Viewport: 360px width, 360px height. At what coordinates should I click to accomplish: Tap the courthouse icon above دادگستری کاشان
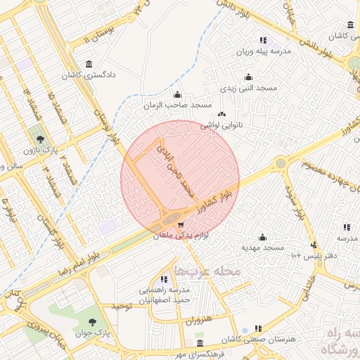[89, 64]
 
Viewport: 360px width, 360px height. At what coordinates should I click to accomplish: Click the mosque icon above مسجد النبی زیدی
[247, 77]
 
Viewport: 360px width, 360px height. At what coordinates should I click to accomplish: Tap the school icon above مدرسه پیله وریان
[262, 41]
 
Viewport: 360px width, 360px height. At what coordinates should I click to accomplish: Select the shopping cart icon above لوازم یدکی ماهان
[181, 226]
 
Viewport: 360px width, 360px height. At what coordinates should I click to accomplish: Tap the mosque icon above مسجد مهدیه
[262, 237]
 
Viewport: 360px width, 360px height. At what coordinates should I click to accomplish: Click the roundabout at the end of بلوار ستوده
[281, 163]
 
